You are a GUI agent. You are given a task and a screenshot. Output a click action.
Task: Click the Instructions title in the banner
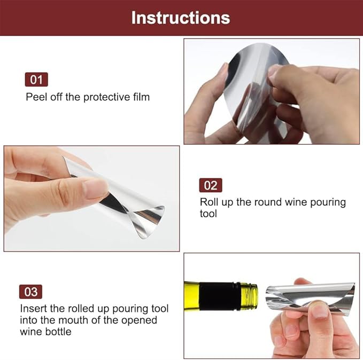(181, 17)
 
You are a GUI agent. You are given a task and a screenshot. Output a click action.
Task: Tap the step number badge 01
(36, 80)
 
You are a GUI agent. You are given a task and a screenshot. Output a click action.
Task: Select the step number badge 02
(211, 185)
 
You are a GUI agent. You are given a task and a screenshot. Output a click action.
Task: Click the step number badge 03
(31, 292)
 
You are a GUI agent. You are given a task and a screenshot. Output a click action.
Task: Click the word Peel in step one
(35, 97)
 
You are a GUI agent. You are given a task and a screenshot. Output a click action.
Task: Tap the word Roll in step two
(209, 202)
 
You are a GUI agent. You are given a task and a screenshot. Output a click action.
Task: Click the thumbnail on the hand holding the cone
(96, 187)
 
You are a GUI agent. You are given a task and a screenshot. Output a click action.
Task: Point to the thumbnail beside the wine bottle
(320, 310)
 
